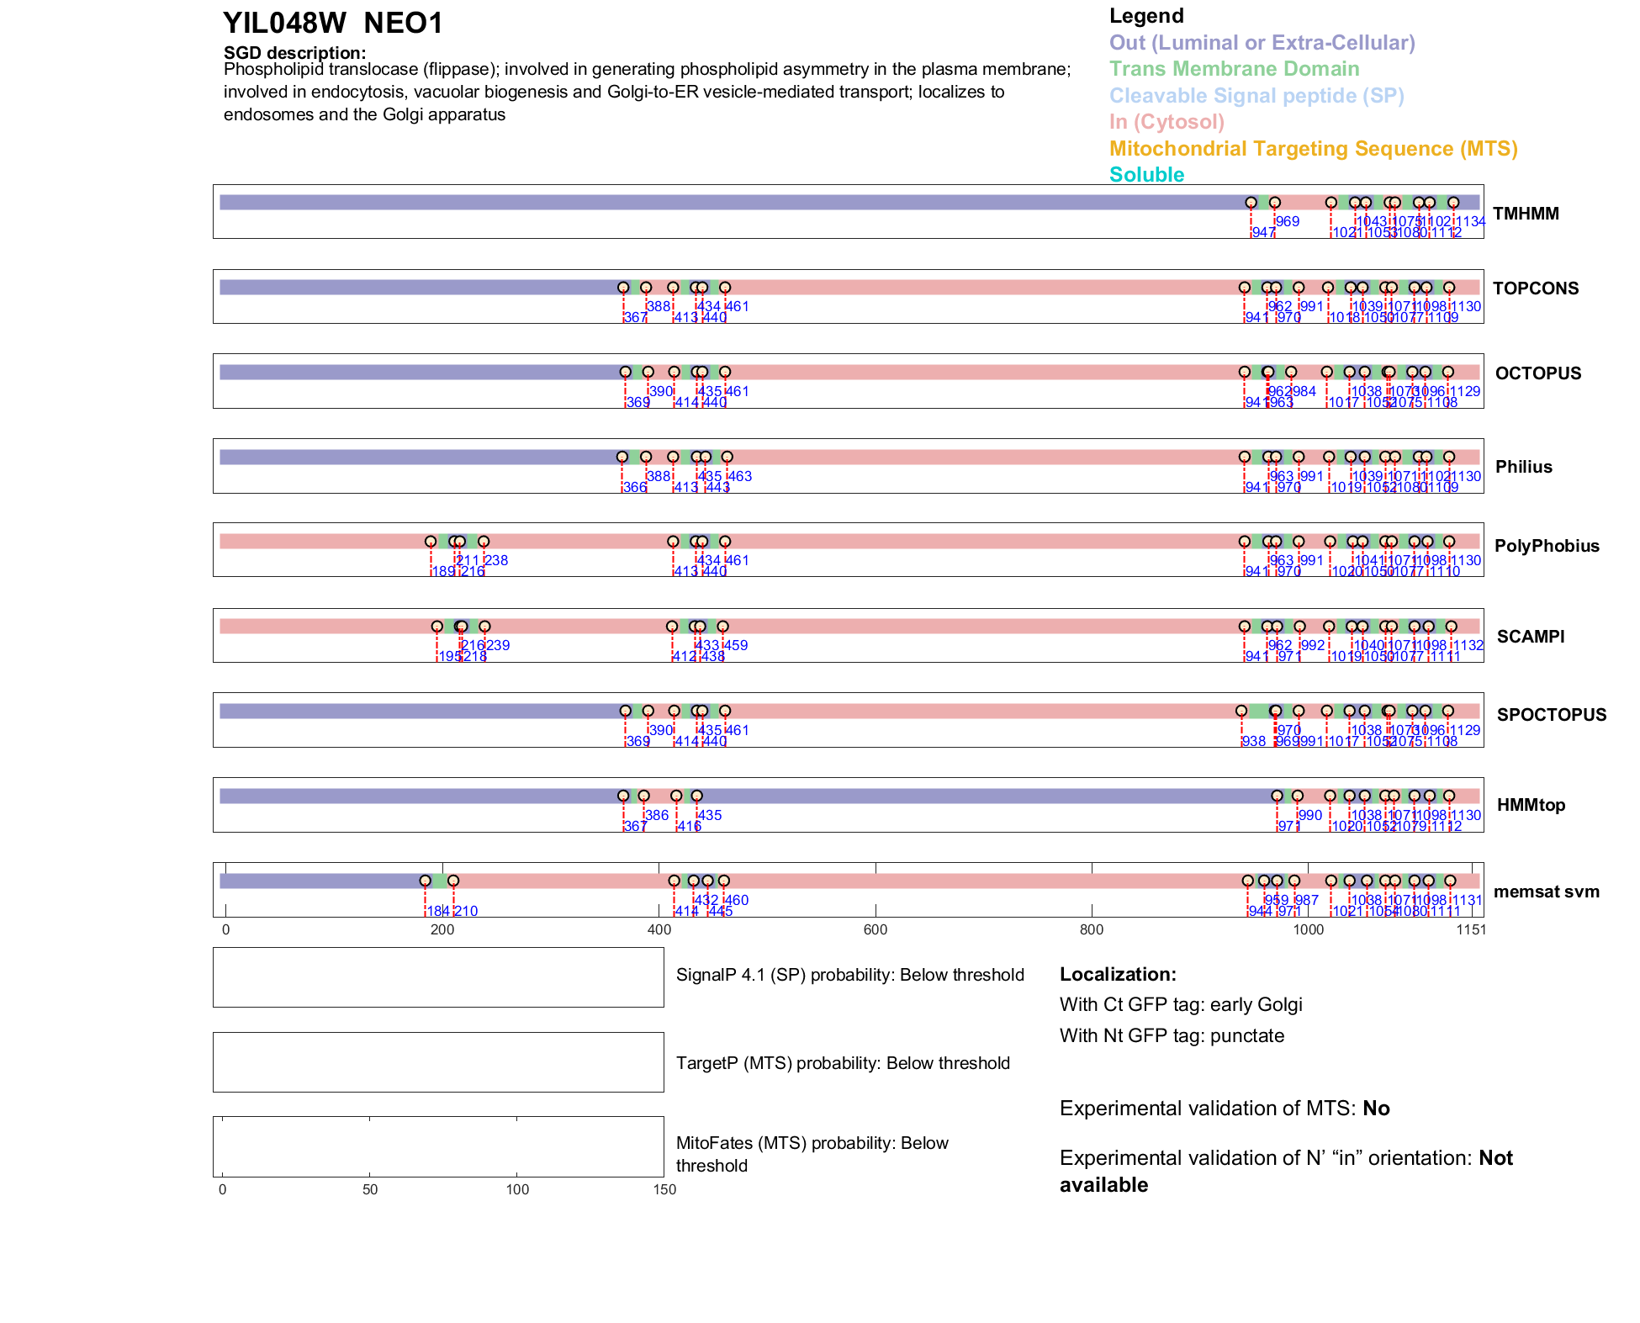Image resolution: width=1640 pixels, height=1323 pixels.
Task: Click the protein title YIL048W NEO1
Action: coord(332,24)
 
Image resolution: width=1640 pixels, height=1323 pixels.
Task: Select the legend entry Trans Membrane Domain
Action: coord(1234,69)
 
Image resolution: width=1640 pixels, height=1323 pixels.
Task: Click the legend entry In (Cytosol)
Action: coord(1167,122)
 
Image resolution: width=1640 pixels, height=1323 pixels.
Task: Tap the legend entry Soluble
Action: coord(1146,175)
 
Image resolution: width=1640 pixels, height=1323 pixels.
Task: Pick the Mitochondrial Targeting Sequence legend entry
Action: coord(1313,149)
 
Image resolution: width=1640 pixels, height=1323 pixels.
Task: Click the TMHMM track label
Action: coord(1526,214)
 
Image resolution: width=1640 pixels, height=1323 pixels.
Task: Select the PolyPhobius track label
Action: coord(1547,546)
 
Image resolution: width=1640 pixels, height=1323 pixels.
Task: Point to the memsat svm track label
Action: coord(1546,892)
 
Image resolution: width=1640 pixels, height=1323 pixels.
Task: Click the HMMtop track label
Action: coord(1531,805)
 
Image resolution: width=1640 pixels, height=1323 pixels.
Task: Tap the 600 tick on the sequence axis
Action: coord(876,929)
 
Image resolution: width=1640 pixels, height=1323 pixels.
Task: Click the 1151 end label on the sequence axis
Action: coord(1471,929)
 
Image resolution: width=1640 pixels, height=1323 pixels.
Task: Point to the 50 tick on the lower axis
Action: coord(370,1189)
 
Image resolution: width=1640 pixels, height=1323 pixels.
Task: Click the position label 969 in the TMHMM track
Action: coord(1288,221)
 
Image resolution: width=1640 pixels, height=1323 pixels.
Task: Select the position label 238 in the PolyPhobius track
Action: coord(496,560)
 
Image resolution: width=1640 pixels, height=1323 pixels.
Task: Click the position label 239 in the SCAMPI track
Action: coord(498,645)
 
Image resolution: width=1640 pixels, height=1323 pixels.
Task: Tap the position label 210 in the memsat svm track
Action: coord(466,911)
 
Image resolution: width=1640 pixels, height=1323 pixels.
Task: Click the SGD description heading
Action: coord(294,53)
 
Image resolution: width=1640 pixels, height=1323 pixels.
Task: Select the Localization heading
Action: coord(1118,974)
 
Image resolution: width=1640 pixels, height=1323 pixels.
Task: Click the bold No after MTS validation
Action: coord(1376,1109)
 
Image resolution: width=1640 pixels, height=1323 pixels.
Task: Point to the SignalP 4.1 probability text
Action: coord(849,975)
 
